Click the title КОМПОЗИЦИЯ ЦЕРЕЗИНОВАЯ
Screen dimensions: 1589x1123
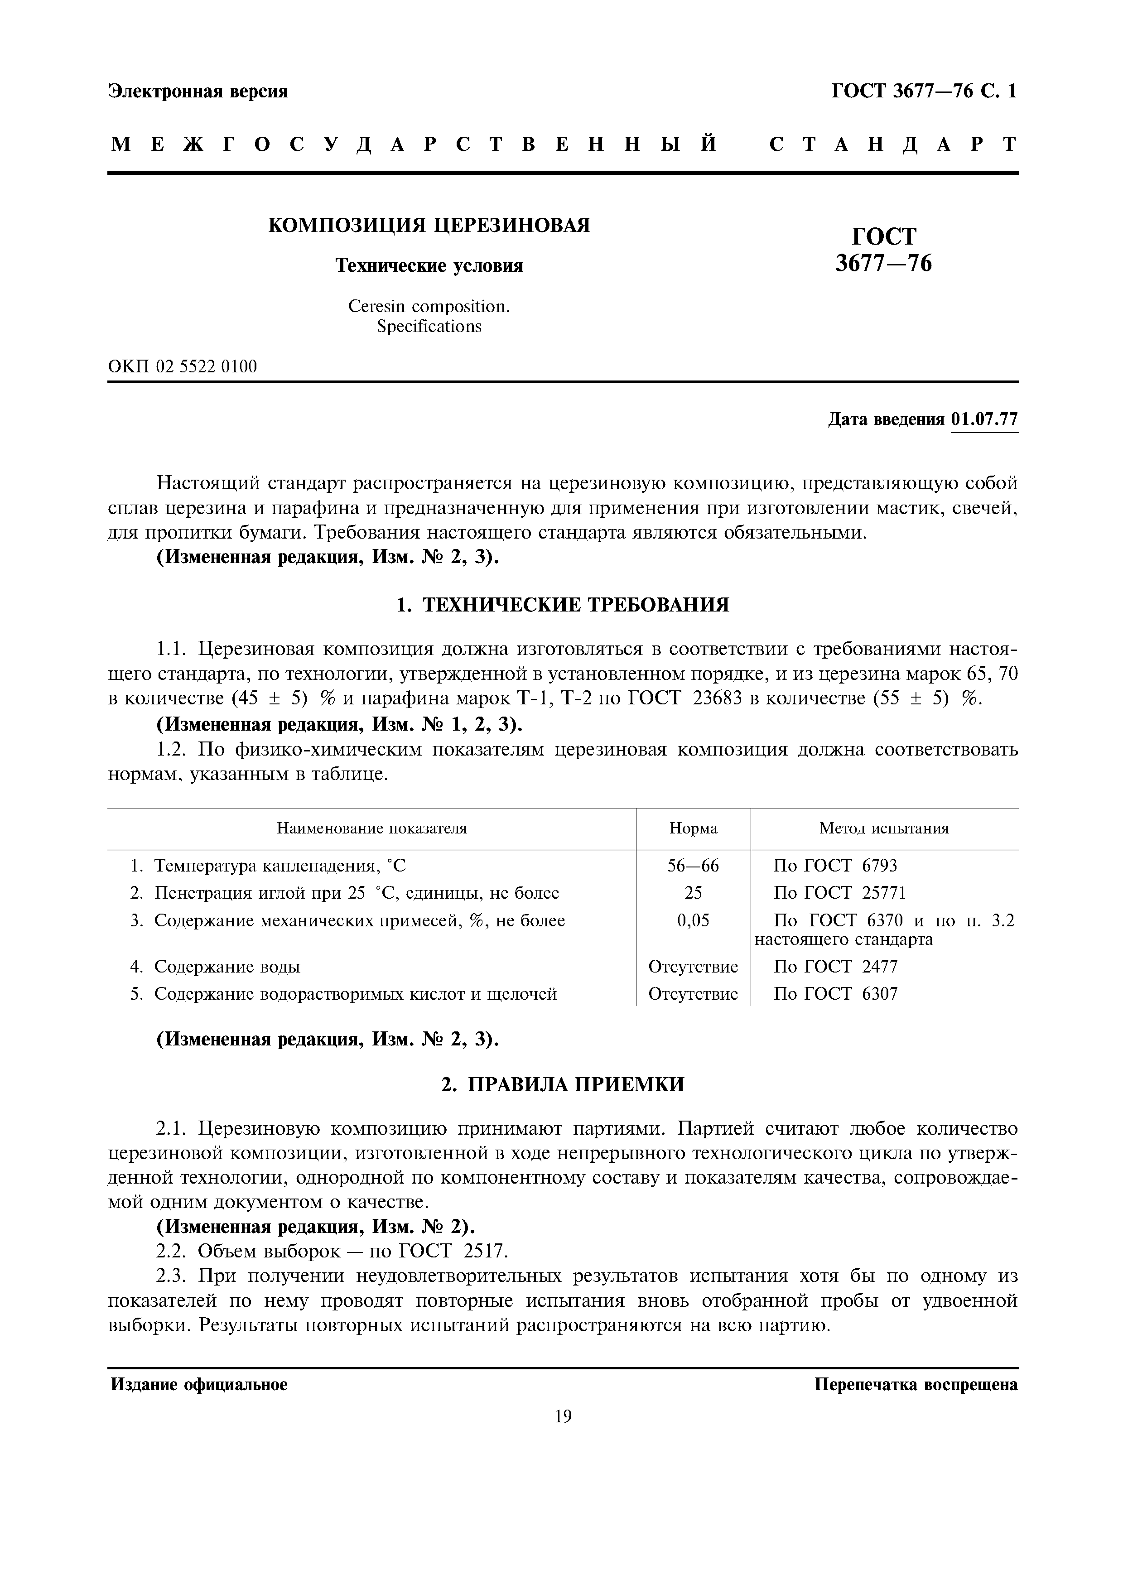point(429,225)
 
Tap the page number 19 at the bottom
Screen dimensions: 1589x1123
point(563,1417)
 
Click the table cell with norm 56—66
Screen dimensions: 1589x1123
point(693,866)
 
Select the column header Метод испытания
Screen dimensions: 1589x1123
point(884,828)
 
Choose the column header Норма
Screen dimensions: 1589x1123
point(693,828)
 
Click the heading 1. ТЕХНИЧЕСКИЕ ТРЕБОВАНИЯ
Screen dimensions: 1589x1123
point(563,605)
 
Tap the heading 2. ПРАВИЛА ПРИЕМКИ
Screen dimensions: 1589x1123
point(563,1084)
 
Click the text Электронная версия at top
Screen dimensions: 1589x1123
point(198,91)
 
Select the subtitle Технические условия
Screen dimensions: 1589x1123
point(429,266)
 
